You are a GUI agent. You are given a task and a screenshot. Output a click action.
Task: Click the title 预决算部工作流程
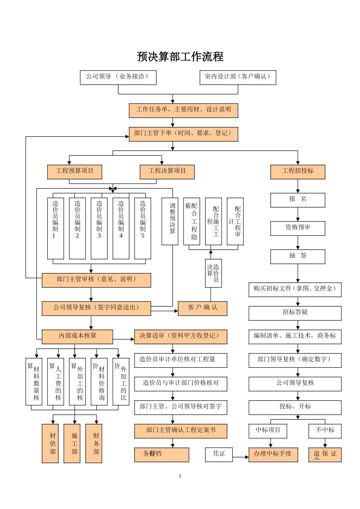[x=180, y=57]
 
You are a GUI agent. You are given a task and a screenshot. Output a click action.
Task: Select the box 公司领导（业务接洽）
[x=118, y=77]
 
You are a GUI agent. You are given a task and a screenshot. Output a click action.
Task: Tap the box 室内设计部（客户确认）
[x=238, y=77]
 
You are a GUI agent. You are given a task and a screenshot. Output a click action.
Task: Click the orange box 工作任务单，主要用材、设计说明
[x=183, y=110]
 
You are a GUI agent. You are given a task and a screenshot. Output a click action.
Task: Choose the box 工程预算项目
[x=75, y=172]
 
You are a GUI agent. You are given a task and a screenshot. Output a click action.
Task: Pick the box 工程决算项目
[x=167, y=172]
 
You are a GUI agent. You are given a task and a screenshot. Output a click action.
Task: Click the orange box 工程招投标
[x=297, y=172]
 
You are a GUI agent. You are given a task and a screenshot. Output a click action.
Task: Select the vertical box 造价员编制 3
[x=99, y=228]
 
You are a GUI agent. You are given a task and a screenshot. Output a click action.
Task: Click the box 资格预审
[x=297, y=228]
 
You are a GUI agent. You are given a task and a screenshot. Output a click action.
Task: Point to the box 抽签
[x=297, y=256]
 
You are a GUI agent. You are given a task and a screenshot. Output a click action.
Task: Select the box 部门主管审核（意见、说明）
[x=96, y=280]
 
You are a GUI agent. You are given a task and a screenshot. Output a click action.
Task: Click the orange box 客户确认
[x=202, y=308]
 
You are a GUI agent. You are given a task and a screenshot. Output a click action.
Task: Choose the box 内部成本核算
[x=77, y=336]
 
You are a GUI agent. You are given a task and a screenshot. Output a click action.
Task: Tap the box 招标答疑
[x=295, y=313]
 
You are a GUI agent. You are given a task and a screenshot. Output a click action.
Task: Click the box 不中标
[x=325, y=431]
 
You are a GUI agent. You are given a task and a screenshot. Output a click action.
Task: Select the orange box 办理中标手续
[x=273, y=454]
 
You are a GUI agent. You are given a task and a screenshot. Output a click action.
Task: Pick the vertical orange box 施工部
[x=75, y=443]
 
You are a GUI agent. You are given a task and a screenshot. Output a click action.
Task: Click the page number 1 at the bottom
[x=180, y=476]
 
